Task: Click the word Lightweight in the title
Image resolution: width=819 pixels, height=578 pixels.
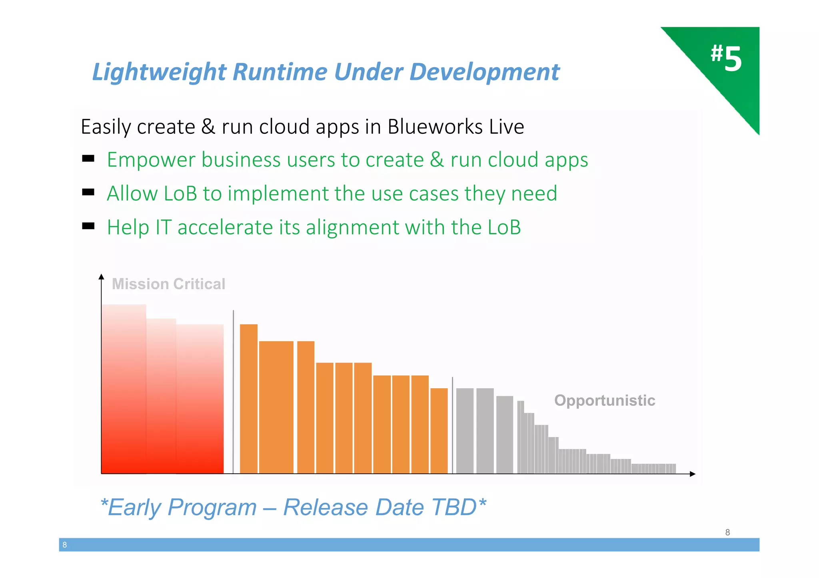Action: click(159, 72)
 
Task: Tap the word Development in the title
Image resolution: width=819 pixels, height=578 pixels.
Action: click(484, 72)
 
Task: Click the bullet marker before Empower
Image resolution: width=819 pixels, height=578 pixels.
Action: click(88, 159)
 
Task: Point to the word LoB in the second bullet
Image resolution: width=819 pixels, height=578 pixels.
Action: click(180, 194)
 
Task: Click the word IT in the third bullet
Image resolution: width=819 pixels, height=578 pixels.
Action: click(163, 227)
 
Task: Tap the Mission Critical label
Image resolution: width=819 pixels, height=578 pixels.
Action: click(168, 284)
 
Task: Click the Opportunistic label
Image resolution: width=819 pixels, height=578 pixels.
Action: click(604, 400)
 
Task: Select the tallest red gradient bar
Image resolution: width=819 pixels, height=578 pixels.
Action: click(124, 389)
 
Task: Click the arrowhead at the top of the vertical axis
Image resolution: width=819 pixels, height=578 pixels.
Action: click(101, 276)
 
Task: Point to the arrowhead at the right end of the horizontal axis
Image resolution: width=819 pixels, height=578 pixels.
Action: click(693, 474)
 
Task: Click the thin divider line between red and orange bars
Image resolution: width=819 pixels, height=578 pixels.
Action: click(233, 391)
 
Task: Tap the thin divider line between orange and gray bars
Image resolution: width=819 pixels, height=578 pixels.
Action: click(452, 425)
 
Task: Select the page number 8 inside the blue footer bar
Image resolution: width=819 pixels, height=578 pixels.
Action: click(65, 545)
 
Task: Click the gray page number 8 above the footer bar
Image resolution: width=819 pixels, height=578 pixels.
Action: click(727, 532)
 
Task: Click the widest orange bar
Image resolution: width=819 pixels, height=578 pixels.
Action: click(276, 407)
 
